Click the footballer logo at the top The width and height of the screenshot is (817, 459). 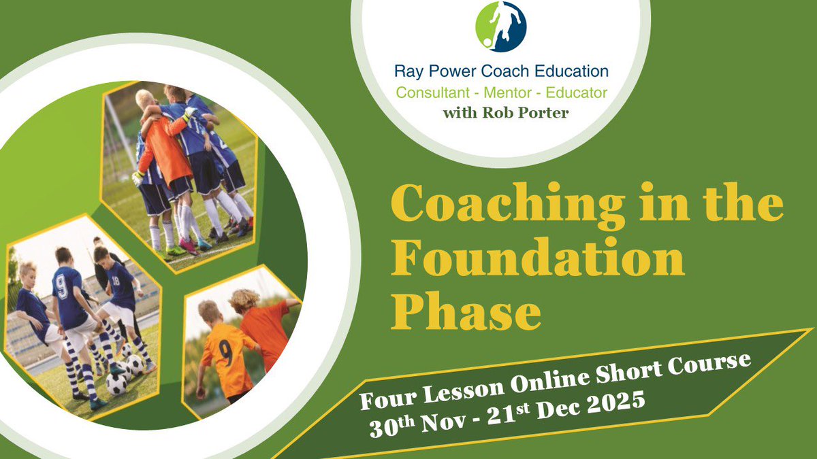tap(500, 27)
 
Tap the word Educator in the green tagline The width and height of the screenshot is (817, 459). tap(574, 92)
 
